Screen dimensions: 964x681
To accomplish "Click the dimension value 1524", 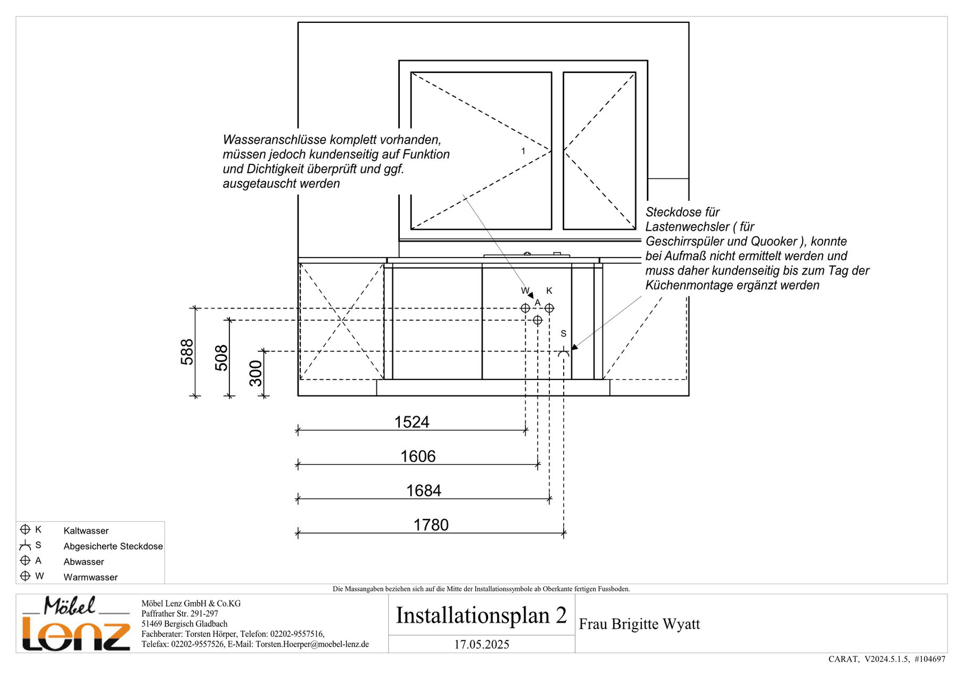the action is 411,422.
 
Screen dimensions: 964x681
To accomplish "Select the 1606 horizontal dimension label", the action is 418,456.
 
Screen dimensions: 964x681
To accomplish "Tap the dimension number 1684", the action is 424,491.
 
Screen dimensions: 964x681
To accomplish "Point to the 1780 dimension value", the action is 431,525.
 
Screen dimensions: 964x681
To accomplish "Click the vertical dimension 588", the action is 187,352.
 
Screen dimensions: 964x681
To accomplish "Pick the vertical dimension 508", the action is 221,358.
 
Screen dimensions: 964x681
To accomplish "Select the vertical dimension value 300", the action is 256,373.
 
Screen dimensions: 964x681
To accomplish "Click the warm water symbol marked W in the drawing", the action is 525,308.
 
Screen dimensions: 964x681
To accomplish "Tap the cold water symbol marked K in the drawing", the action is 549,308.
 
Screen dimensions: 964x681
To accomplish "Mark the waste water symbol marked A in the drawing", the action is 538,320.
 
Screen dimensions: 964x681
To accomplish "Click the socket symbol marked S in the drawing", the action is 564,351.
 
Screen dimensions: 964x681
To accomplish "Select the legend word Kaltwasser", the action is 86,530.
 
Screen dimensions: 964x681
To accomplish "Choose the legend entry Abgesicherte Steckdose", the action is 113,546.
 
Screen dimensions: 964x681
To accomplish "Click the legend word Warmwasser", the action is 90,577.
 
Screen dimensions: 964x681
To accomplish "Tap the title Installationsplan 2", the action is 481,615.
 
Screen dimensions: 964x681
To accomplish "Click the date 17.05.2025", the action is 482,644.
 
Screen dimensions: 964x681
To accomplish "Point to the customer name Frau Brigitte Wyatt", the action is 639,624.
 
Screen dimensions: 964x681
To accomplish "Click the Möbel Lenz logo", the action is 76,623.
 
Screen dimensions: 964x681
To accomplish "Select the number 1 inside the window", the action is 523,151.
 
